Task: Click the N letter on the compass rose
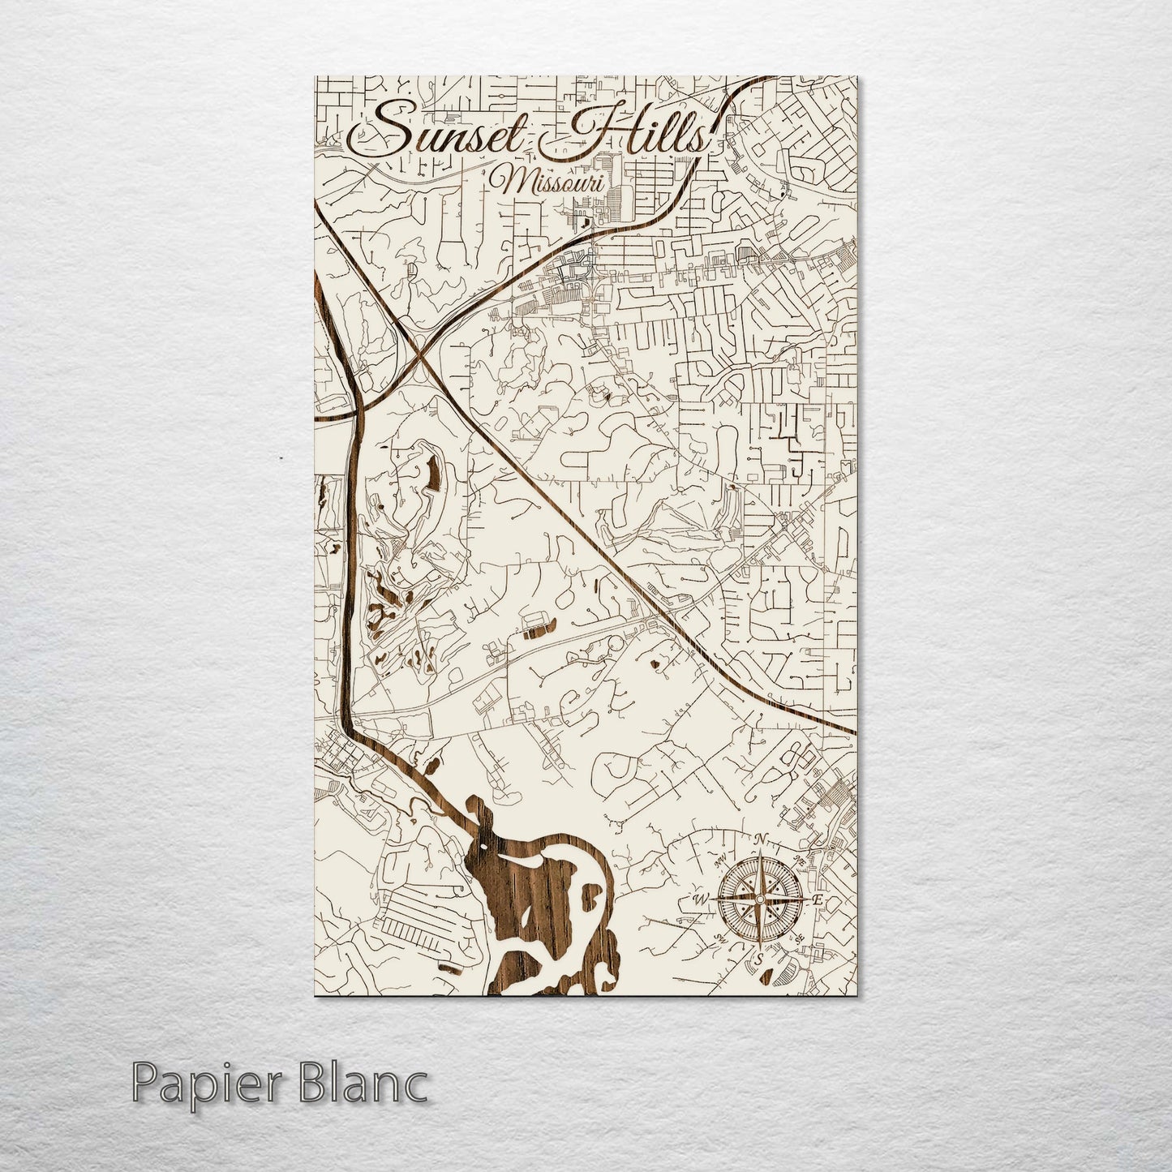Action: tap(760, 839)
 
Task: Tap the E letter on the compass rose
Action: tap(818, 899)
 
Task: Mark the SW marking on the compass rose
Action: tap(719, 940)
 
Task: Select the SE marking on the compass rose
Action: tap(799, 938)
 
